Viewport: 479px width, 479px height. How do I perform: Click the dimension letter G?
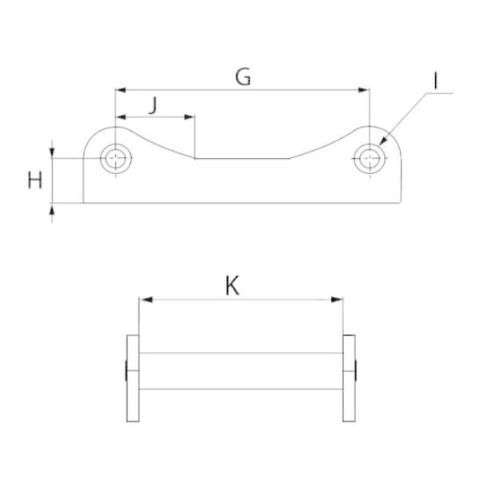[x=243, y=77]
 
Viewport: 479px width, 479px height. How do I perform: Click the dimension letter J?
[x=153, y=105]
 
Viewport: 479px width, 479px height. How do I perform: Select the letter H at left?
[x=35, y=180]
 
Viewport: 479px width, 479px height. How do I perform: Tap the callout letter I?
[x=435, y=81]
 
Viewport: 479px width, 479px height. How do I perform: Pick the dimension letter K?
[x=232, y=286]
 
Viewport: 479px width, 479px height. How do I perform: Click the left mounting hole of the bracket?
[x=116, y=158]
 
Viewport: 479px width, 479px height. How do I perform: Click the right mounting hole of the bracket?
[x=370, y=159]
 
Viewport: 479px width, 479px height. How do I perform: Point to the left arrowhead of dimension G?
[x=121, y=90]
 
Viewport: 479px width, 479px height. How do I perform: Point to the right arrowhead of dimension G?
[x=364, y=90]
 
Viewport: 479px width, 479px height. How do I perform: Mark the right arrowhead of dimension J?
[x=189, y=117]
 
